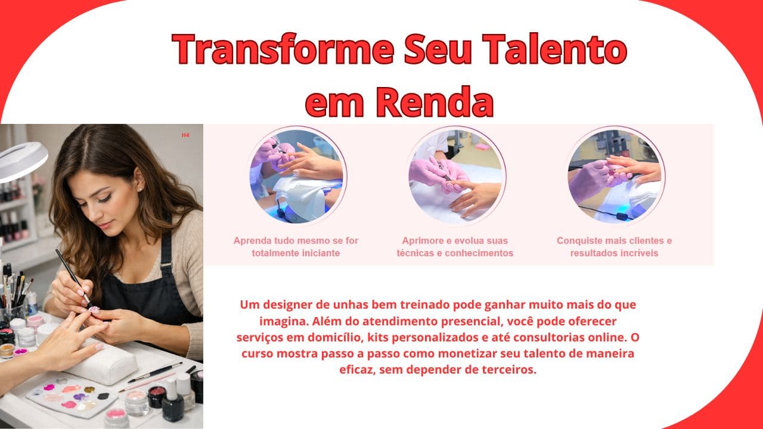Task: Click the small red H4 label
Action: pos(185,135)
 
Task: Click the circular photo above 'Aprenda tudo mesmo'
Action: pos(296,176)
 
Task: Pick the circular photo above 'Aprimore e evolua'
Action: pos(457,176)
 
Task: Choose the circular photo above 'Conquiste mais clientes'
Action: pos(615,176)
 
